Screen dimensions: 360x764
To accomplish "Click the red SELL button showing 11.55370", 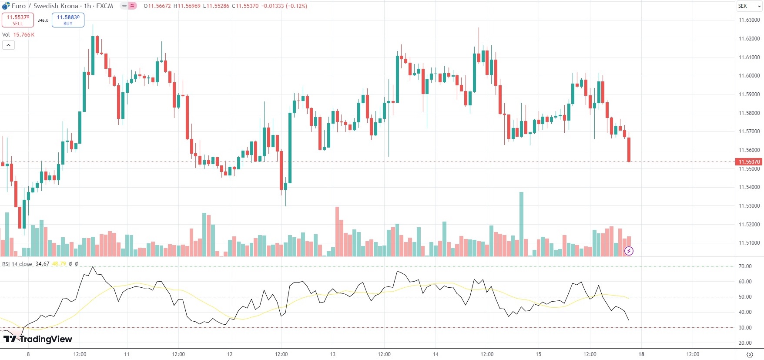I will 18,20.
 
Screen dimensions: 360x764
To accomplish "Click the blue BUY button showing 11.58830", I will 68,20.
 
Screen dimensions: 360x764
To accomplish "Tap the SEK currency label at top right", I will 742,6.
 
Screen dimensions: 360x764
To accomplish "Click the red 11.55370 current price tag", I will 749,162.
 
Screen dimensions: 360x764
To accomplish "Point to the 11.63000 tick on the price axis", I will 749,20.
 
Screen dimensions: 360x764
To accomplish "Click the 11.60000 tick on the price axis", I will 749,76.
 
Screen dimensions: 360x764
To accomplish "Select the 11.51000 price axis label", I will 749,243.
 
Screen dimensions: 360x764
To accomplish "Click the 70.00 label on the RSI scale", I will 745,266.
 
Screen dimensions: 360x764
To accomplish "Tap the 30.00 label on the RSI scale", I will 745,328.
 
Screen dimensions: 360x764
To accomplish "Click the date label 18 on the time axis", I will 641,354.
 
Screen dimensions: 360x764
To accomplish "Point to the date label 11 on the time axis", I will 127,354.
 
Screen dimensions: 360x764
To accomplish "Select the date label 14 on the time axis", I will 436,354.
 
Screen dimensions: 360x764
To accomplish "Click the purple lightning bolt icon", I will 629,251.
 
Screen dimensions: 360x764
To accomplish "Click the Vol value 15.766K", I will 24,35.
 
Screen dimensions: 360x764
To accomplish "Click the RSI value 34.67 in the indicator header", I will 42,264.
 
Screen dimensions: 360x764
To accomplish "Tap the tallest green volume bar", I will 521,224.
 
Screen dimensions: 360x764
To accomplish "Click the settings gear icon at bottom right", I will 749,354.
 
